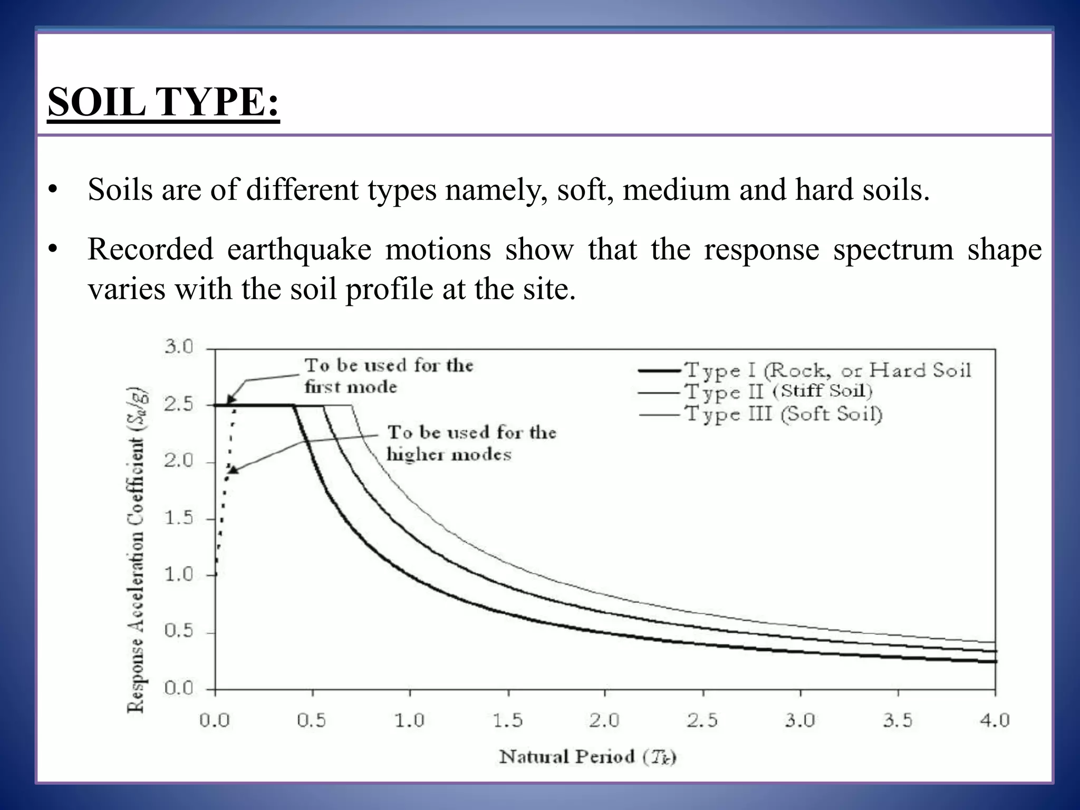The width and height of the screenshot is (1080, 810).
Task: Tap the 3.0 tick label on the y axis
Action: tap(179, 347)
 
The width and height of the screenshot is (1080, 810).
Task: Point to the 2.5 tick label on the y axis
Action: tap(179, 405)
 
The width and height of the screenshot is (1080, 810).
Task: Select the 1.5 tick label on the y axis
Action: tap(179, 518)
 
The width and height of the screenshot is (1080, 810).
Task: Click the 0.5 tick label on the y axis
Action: tap(179, 632)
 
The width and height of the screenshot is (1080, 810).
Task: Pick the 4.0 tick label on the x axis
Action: tap(995, 720)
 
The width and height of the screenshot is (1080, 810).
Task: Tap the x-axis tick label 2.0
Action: tap(604, 720)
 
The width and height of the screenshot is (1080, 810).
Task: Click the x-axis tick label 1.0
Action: tap(409, 720)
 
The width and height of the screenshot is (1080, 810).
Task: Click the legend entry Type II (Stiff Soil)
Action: tap(778, 392)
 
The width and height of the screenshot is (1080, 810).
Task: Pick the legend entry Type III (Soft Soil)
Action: tap(784, 414)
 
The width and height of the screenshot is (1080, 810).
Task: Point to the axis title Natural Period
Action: tap(587, 757)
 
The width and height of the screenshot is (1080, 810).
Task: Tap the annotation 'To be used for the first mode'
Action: tap(389, 376)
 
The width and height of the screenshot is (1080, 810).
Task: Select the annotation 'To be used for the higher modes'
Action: tap(471, 443)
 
